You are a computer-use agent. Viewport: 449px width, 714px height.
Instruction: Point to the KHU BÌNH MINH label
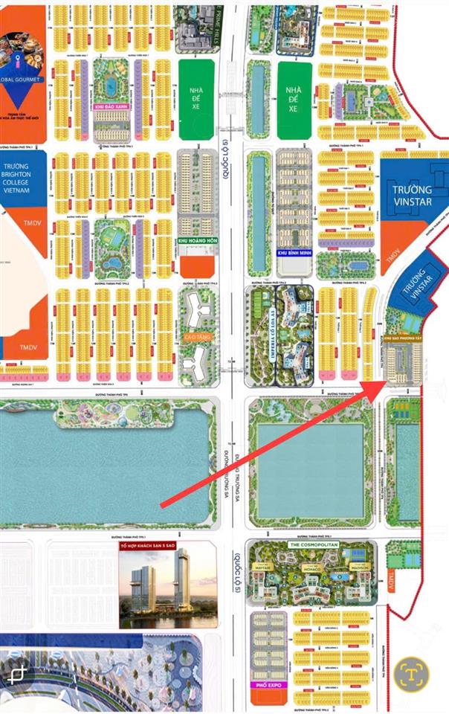pyautogui.click(x=292, y=253)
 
